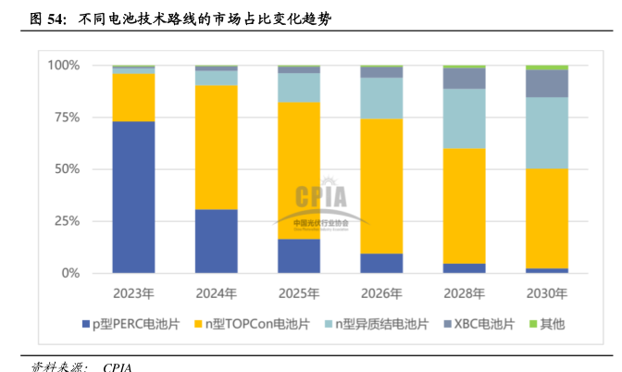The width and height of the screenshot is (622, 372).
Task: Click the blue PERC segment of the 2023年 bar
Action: (x=133, y=197)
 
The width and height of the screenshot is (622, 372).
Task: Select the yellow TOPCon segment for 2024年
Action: (x=216, y=147)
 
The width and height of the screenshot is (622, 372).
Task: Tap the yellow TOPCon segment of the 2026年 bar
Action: (x=381, y=186)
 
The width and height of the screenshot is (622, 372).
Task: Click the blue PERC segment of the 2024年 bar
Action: (x=216, y=241)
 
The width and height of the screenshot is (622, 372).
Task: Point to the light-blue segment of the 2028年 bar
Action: (x=464, y=118)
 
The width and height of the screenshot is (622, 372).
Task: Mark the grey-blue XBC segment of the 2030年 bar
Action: (x=546, y=83)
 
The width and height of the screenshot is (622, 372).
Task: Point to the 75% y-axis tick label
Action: (x=67, y=118)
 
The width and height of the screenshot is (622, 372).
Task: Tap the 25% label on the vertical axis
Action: (x=67, y=221)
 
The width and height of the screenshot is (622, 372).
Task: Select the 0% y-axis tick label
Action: (x=70, y=273)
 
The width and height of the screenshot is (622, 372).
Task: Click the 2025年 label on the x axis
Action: (x=298, y=293)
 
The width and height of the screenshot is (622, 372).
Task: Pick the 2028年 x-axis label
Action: (x=464, y=293)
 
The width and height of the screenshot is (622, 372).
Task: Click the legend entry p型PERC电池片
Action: (x=137, y=323)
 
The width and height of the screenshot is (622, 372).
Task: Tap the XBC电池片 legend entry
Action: (x=482, y=323)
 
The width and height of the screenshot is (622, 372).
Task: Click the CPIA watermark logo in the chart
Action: (x=321, y=198)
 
